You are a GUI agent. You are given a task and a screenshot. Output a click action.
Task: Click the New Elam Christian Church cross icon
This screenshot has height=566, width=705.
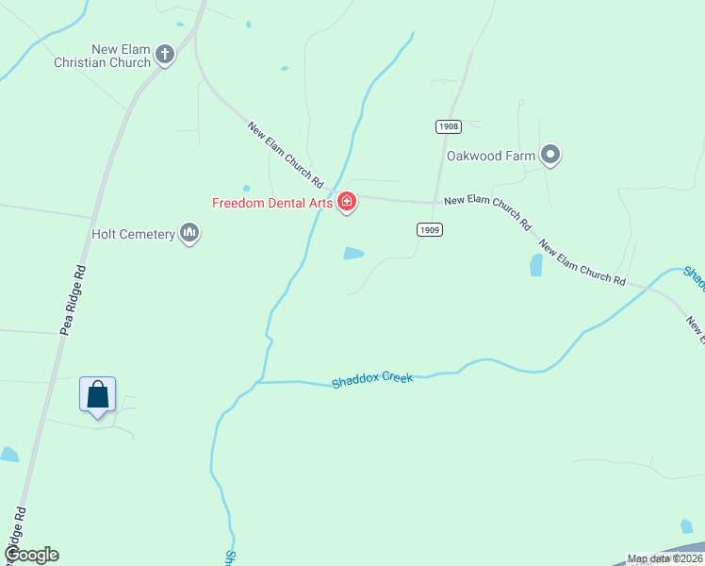click(165, 54)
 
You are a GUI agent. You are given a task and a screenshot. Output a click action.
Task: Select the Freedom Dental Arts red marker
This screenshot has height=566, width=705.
click(347, 202)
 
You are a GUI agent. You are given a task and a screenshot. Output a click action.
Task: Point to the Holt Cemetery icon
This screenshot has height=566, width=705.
click(189, 233)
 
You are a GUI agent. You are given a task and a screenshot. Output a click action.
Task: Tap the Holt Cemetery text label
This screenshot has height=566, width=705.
click(133, 234)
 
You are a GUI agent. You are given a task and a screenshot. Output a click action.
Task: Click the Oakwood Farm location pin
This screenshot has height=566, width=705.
click(551, 155)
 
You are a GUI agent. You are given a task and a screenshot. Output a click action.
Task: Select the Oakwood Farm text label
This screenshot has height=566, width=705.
click(491, 156)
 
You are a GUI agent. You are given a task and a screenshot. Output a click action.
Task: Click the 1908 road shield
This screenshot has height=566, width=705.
click(448, 126)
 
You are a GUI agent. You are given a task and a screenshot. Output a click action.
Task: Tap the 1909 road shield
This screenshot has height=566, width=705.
click(430, 229)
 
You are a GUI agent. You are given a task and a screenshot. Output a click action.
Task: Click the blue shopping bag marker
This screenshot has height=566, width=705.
click(98, 394)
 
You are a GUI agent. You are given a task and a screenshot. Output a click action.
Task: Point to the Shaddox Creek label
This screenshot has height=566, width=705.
click(372, 380)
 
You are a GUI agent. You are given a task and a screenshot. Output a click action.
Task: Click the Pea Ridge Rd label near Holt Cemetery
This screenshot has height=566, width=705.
click(72, 300)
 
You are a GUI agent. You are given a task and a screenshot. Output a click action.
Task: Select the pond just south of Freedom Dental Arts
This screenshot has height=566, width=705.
click(353, 253)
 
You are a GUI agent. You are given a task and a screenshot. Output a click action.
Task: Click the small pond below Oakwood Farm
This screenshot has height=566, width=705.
click(536, 265)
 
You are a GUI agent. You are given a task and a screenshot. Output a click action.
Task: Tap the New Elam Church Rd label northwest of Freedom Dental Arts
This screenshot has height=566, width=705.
click(287, 154)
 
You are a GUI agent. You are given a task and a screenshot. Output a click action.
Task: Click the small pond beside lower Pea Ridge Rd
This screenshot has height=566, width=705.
click(9, 455)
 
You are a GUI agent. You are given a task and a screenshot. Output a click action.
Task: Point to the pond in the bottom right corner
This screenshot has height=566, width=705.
click(686, 526)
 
